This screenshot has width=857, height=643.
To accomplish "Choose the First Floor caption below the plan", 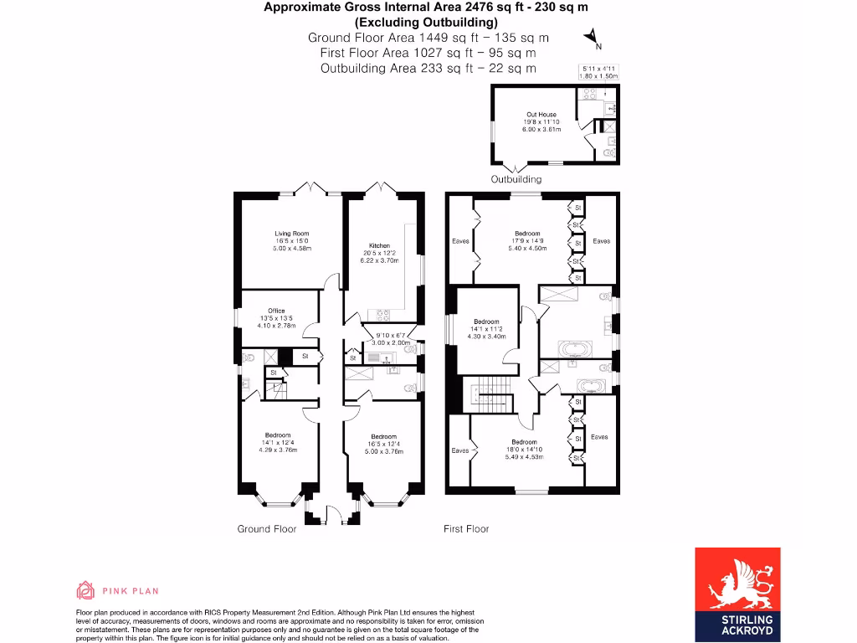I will [x=466, y=528].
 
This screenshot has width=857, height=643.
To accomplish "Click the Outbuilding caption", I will [x=516, y=179].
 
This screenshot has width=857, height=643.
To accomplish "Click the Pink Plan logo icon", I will [x=85, y=591].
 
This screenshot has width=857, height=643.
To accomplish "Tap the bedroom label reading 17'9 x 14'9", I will [x=529, y=240].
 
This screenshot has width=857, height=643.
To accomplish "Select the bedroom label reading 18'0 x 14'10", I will [x=524, y=450].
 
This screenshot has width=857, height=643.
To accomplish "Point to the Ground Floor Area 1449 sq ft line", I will [x=428, y=38].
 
